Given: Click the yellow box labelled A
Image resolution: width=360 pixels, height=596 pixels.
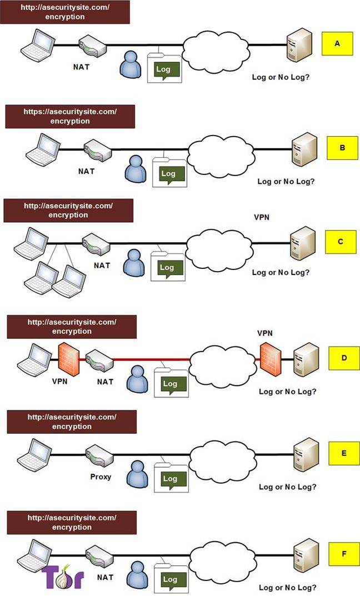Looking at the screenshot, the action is coord(337,44).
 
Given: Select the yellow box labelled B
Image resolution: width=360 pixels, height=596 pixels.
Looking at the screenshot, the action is coord(343,148).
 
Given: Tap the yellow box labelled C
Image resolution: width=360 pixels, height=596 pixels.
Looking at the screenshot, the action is coord(341,242).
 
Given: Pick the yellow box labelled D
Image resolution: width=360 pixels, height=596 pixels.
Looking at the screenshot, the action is coord(344,358).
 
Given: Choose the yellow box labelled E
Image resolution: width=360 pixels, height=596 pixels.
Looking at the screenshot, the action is coord(344,453).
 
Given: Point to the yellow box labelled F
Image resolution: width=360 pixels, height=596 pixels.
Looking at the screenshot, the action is coord(344,554).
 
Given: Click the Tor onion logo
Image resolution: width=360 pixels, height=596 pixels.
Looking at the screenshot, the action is coord(62,576).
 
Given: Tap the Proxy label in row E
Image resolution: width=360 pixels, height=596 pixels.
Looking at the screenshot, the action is coord(101,476).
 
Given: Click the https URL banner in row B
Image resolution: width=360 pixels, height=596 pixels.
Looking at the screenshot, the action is coord(70,117).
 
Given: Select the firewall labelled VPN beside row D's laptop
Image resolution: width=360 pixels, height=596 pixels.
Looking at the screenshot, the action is coord(69,359).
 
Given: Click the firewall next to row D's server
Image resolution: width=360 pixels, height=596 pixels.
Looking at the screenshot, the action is coord(271,359).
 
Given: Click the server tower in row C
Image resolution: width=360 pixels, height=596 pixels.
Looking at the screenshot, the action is coord(303,243).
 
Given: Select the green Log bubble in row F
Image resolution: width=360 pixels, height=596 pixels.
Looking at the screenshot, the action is coord(170,580).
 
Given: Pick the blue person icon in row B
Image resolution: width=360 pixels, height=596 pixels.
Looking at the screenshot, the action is coord(136,167).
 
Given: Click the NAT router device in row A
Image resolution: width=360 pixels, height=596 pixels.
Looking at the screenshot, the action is coord(93,47).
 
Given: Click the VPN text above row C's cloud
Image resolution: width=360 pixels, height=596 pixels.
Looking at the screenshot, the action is coord(262,217).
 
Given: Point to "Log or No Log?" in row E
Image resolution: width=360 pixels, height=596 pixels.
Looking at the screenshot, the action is coord(287,487).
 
